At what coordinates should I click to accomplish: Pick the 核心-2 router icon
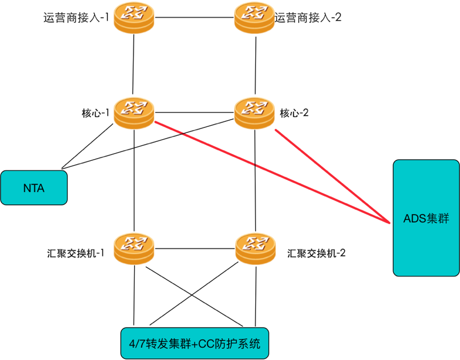pos(255,112)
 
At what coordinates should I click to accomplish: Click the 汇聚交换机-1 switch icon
pos(134,248)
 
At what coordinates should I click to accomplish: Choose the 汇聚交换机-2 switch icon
pos(255,248)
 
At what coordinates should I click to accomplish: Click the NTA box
pos(34,188)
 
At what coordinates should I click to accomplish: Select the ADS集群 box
pos(426,218)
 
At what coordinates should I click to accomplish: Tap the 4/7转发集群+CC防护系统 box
pos(194,343)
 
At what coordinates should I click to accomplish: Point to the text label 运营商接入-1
pos(76,17)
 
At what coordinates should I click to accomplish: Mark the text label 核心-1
pos(95,113)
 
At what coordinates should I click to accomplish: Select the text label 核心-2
pos(294,113)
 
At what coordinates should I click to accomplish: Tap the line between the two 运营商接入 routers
pos(194,17)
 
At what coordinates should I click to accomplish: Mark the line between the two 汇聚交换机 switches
pos(194,248)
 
